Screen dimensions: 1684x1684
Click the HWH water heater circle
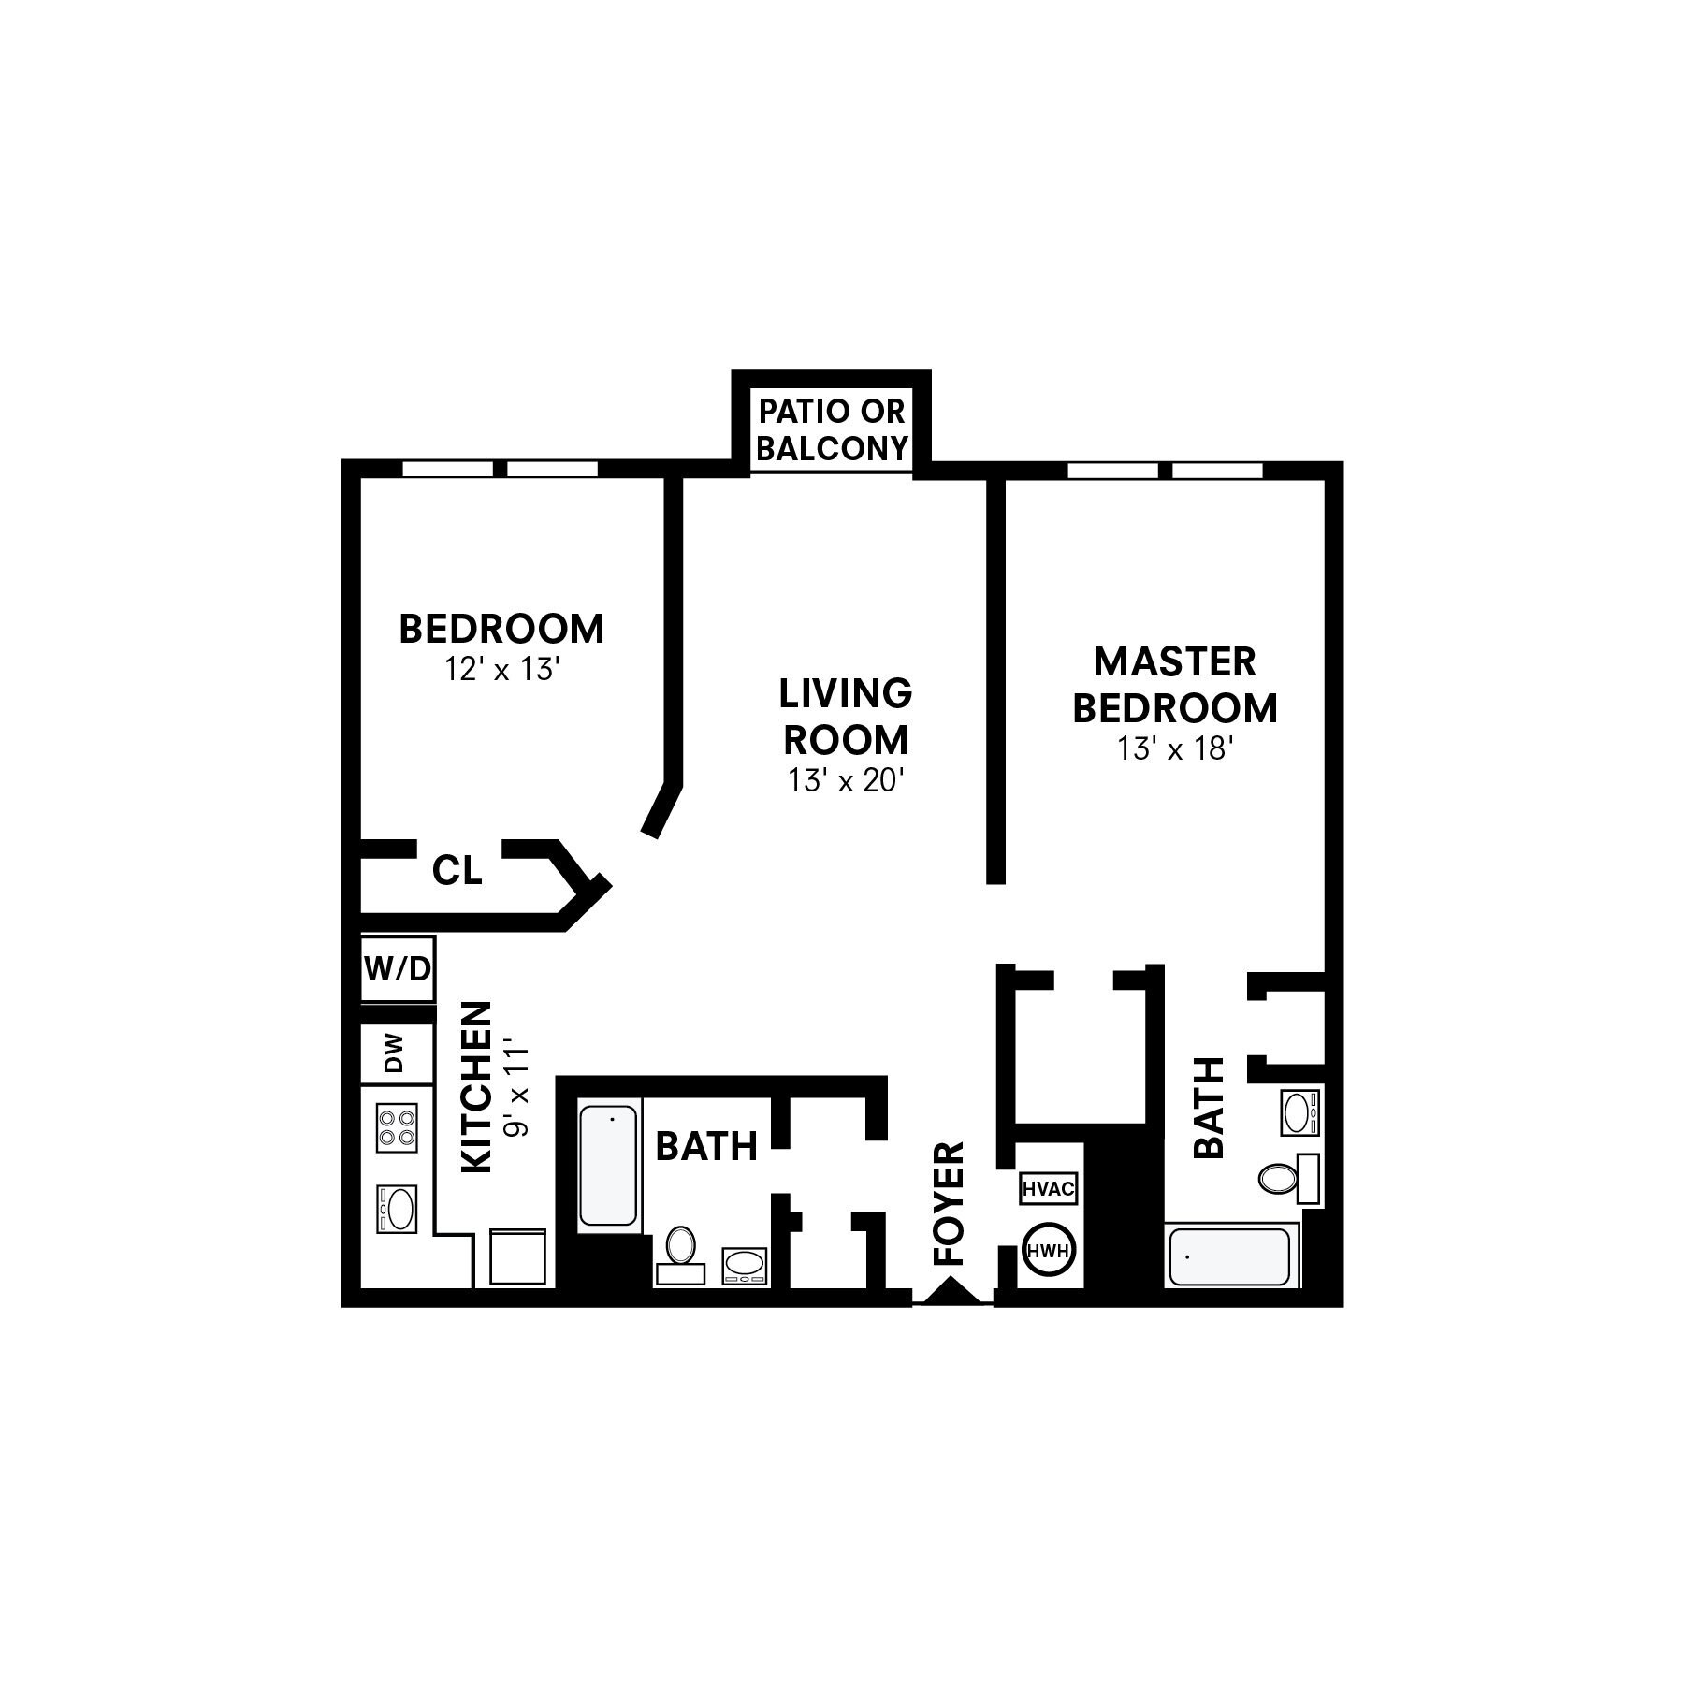(1049, 1250)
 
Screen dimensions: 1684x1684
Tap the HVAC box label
(1049, 1189)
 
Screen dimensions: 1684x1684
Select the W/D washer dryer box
(398, 969)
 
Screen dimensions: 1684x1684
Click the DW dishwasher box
(397, 1053)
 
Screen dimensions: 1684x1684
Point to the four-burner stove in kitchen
(397, 1127)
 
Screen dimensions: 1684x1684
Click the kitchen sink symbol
(398, 1209)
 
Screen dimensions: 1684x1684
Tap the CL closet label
(457, 871)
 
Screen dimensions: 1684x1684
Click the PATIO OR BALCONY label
(832, 429)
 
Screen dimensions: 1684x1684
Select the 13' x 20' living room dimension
(846, 780)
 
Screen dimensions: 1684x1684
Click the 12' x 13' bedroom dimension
(501, 670)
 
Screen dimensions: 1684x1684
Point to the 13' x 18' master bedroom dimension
(1175, 748)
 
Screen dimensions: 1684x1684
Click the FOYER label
(950, 1203)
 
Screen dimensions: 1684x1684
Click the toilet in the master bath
(1279, 1177)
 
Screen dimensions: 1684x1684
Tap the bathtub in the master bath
(1229, 1257)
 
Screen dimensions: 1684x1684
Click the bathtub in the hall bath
(608, 1165)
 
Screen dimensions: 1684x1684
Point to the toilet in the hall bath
(680, 1249)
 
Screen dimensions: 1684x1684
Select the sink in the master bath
(1299, 1112)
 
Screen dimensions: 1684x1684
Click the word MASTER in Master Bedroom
(1175, 662)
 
